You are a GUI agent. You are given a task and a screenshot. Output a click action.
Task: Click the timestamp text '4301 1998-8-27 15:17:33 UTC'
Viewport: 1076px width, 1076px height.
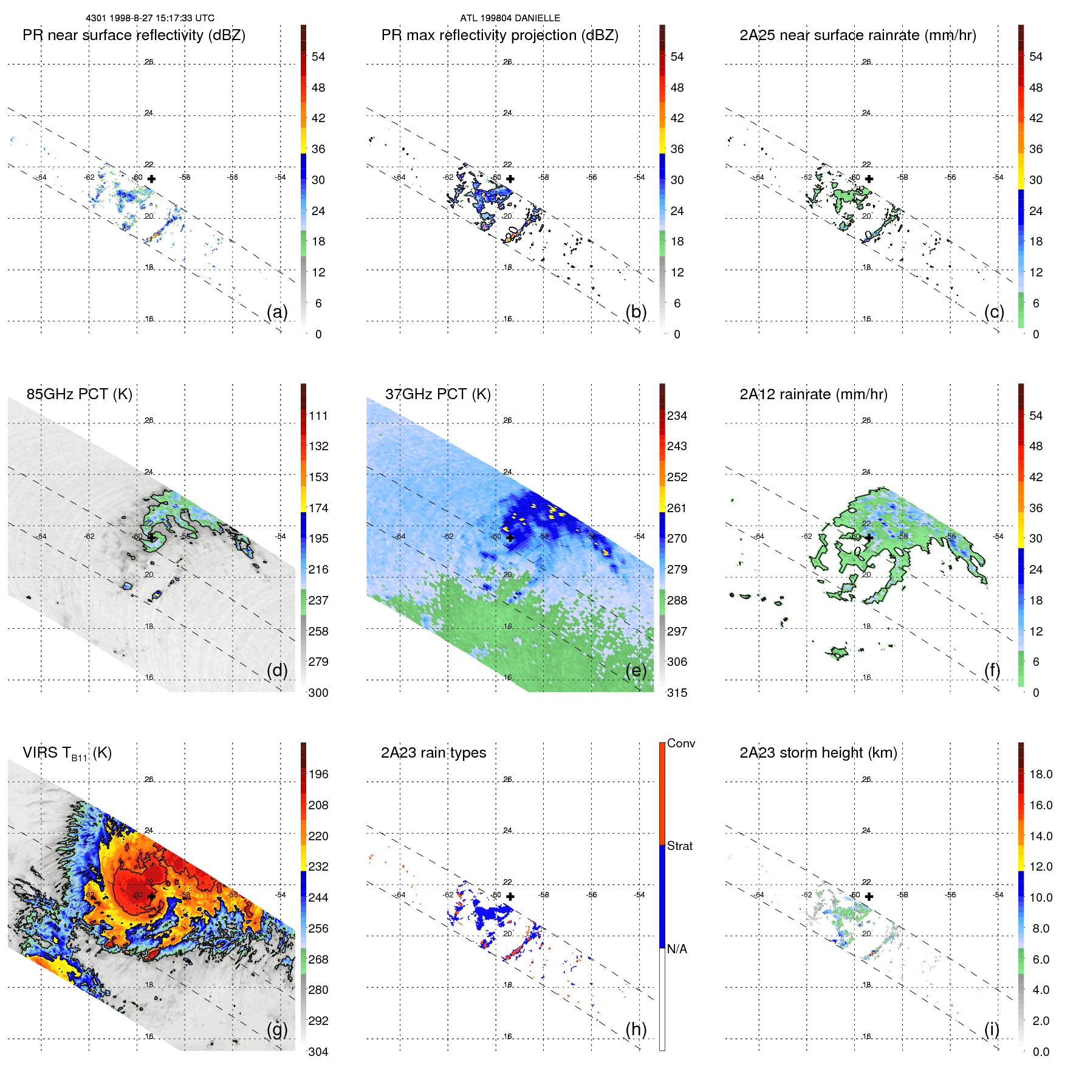point(150,18)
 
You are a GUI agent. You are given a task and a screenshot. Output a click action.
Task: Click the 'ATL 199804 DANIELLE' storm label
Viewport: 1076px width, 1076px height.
point(510,18)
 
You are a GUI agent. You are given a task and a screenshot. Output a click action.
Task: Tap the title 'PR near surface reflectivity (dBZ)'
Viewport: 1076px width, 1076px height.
point(134,35)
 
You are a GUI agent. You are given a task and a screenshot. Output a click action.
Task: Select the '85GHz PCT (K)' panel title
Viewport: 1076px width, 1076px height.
point(79,394)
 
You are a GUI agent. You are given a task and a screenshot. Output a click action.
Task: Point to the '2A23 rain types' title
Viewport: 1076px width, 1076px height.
point(433,753)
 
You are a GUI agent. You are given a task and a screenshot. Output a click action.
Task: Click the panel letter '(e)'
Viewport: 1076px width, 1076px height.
point(636,670)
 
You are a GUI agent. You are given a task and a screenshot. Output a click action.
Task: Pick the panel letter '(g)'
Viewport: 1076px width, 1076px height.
point(277,1029)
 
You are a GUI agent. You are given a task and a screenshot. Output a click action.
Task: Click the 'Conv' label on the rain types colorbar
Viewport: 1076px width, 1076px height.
point(680,743)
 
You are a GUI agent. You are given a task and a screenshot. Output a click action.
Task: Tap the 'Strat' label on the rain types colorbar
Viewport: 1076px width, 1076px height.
point(679,846)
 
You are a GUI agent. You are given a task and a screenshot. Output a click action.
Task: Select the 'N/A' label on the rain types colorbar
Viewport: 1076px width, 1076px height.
point(677,949)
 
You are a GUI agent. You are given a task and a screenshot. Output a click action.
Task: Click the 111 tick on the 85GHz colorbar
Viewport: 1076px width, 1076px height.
point(318,416)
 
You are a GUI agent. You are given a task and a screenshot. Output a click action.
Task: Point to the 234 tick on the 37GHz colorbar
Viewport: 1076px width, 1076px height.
point(677,416)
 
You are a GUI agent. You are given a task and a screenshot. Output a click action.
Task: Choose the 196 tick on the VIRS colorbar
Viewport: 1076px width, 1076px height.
point(318,775)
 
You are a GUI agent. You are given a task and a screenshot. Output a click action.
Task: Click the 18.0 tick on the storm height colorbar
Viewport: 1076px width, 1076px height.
point(1040,775)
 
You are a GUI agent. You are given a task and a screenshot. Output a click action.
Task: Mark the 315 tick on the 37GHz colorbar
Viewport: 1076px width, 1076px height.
point(677,693)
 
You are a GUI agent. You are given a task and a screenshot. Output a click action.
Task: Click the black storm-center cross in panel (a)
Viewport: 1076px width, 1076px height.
point(151,179)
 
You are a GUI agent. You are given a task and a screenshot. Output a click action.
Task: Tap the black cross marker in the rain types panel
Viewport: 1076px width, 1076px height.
point(510,896)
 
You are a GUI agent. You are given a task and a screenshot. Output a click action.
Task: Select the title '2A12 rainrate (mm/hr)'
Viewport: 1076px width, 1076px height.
point(813,394)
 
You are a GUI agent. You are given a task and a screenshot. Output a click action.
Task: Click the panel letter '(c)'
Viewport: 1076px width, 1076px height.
point(994,312)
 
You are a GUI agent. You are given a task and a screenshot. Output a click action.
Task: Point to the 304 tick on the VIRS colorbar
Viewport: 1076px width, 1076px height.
point(318,1052)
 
